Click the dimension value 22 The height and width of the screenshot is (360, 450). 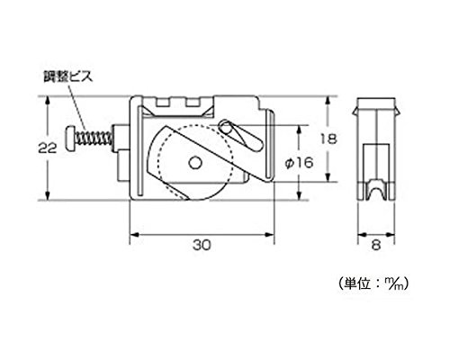click(x=48, y=148)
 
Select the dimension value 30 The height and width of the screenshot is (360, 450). click(x=202, y=245)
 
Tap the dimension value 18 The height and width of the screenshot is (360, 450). click(x=328, y=139)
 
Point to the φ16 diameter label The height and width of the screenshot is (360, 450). click(x=299, y=163)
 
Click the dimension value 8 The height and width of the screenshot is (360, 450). click(x=376, y=245)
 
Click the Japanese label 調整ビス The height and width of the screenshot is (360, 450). click(x=67, y=76)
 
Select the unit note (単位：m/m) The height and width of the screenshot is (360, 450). click(x=373, y=283)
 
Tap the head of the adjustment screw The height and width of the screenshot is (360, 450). click(x=70, y=139)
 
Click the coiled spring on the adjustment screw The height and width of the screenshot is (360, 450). click(x=94, y=139)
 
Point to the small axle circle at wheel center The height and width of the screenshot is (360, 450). click(x=195, y=163)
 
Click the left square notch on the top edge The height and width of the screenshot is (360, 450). click(x=163, y=103)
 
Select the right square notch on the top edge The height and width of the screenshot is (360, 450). click(x=193, y=103)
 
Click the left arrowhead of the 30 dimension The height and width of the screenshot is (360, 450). click(x=134, y=235)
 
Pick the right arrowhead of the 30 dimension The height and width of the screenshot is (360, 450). click(x=269, y=235)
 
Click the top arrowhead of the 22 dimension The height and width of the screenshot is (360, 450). click(x=48, y=101)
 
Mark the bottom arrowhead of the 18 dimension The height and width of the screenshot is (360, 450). click(x=328, y=176)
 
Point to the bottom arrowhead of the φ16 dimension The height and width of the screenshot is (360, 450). click(x=299, y=195)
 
